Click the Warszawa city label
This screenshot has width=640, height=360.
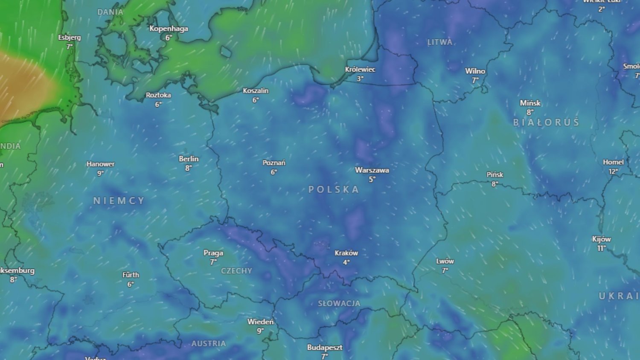372,170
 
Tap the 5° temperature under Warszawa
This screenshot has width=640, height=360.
372,180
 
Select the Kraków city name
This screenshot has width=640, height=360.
346,253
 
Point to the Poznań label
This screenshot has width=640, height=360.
274,163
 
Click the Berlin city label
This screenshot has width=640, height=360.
189,159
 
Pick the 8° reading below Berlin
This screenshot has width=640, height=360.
188,168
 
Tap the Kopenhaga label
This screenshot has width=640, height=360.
169,29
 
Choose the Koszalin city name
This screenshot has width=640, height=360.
256,91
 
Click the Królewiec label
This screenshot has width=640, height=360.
360,70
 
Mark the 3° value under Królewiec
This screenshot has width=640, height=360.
360,79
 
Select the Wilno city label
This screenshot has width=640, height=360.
475,71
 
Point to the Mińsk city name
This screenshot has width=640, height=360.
530,103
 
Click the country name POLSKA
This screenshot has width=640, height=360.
334,189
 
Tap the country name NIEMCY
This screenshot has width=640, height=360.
119,200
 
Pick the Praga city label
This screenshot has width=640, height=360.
213,253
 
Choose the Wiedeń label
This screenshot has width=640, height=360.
260,322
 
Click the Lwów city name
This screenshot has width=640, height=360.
445,261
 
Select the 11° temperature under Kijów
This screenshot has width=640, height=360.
601,248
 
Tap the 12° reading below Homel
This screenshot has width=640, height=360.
613,171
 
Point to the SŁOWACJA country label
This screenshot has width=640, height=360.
339,303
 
